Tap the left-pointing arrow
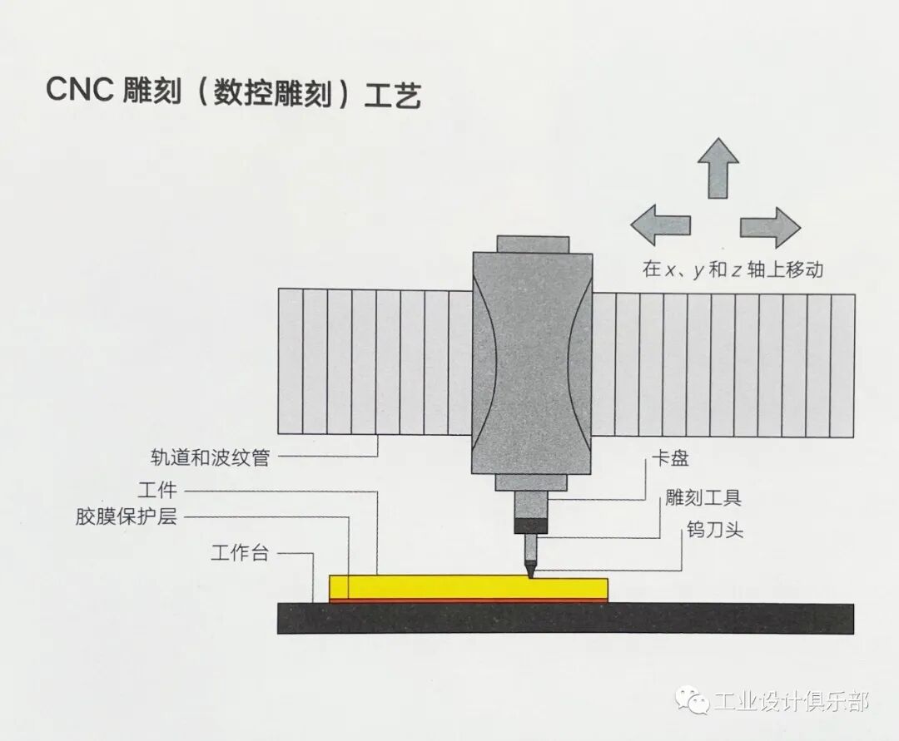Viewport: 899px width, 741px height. (660, 225)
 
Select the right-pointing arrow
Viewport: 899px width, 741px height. (770, 226)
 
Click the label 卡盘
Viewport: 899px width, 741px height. (670, 458)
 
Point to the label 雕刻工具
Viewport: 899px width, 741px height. (703, 498)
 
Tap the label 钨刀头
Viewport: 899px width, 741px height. (715, 530)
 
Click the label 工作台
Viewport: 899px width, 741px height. (240, 553)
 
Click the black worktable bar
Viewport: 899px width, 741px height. (566, 618)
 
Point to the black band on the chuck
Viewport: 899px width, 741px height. (531, 526)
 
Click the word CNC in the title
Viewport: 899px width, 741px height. (80, 90)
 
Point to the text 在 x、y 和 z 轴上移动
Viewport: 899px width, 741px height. (733, 269)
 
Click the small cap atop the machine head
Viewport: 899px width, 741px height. (533, 244)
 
